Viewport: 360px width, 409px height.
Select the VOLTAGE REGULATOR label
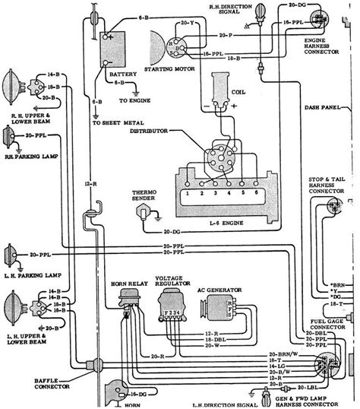[x=172, y=281]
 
